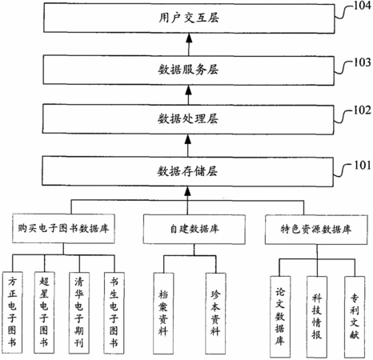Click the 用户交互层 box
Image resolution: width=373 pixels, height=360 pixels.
point(189,18)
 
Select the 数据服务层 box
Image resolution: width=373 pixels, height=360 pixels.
point(189,70)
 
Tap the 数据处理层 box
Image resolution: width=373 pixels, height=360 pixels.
point(188,119)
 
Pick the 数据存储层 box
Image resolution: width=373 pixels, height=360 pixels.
point(187,171)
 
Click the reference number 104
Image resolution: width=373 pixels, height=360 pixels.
point(363,6)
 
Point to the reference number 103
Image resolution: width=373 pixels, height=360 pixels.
point(363,62)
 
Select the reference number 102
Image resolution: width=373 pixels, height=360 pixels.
point(363,110)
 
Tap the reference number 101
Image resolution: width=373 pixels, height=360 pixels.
point(363,166)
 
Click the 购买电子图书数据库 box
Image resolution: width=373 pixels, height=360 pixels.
point(63,229)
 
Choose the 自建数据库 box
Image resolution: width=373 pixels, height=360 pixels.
point(195,229)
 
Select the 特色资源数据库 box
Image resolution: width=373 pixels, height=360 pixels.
point(316,230)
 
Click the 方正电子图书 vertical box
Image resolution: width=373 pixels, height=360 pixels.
point(13,313)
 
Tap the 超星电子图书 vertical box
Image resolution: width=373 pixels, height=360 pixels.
point(45,313)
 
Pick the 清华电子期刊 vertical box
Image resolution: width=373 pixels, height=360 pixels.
point(79,313)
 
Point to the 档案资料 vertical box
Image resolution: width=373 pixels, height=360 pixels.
point(163,313)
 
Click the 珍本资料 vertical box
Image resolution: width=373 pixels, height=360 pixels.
point(216,314)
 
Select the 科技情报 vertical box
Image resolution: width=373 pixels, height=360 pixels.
point(317,317)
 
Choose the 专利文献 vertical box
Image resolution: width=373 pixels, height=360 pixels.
point(355,317)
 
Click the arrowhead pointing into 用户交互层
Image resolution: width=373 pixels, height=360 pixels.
point(189,38)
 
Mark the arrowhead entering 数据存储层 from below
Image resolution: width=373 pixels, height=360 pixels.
point(187,190)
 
